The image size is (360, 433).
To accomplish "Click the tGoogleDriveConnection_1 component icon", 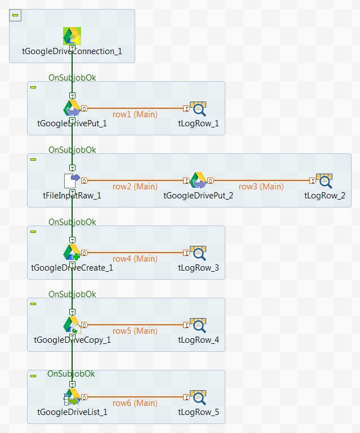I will coord(72,36).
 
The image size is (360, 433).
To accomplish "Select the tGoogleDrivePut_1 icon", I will coord(72,108).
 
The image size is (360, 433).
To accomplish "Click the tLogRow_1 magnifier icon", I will coord(198,108).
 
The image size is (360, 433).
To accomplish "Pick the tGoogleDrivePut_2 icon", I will coord(198,180).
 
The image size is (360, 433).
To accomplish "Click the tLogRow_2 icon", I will coord(325,180).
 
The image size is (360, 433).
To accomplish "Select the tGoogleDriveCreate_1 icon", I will coord(72,253).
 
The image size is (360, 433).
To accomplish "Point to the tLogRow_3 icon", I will coord(198,253).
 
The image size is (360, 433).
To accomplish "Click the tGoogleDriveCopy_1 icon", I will coord(72,325).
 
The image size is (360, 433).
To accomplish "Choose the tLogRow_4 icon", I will coord(198,325).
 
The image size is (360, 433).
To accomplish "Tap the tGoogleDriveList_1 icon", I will coord(72,397).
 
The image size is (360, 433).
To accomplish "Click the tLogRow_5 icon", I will coord(198,397).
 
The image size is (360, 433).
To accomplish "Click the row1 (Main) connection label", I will coord(135,114).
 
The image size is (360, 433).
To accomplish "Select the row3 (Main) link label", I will coord(261,187).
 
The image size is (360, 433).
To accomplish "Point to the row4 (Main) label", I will coord(135,259).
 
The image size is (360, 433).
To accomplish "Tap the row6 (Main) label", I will coord(135,403).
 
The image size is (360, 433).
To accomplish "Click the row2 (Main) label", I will coord(135,187).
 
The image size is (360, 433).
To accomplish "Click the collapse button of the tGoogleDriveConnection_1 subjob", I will coord(15,15).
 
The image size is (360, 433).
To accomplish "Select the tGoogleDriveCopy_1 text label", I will coord(72,340).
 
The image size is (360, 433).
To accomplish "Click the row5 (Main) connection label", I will coord(135,331).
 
